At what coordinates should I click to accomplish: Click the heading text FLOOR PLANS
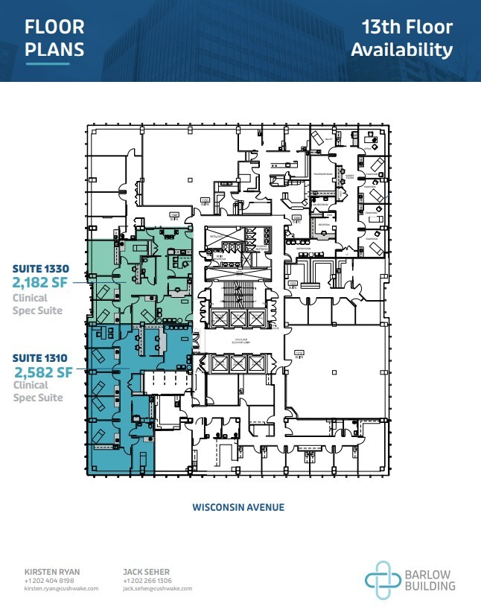(54, 39)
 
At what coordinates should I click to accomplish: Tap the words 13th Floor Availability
(402, 39)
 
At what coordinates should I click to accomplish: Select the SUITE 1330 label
(39, 268)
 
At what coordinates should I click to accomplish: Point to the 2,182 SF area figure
(42, 283)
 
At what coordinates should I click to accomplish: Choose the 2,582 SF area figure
(43, 370)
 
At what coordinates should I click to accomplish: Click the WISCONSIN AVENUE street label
(238, 507)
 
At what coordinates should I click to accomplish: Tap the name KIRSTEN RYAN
(51, 572)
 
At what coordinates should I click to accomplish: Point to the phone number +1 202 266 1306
(147, 580)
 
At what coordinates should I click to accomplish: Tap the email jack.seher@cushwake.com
(157, 588)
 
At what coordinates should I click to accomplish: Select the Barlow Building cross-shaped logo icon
(382, 580)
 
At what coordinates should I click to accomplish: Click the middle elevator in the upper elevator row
(238, 318)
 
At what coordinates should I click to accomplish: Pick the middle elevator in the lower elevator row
(238, 363)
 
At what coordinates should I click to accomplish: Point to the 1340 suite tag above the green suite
(175, 214)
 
